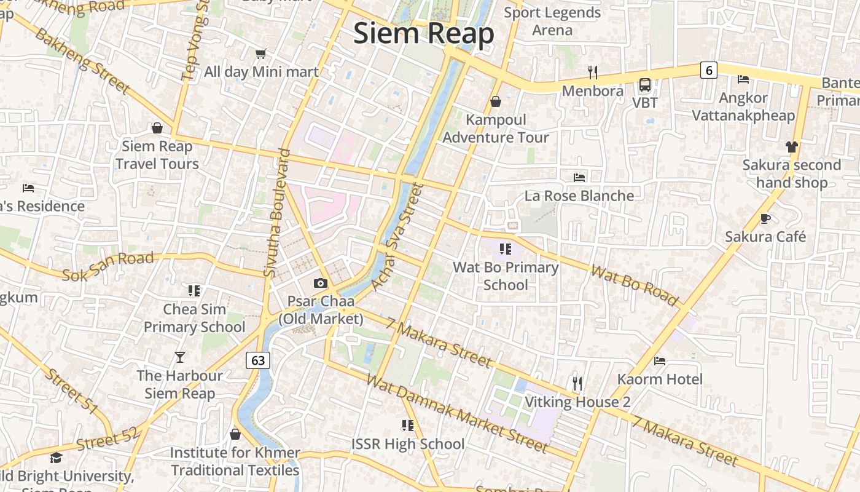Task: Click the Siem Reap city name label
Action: [x=423, y=33]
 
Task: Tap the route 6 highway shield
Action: [x=709, y=70]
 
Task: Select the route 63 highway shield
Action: [x=258, y=360]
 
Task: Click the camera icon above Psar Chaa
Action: [x=320, y=283]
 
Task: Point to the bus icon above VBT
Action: [x=645, y=85]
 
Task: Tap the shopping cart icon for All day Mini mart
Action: [x=261, y=54]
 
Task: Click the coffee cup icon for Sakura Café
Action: [x=765, y=218]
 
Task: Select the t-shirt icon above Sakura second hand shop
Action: [x=791, y=146]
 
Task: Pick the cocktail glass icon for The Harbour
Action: [x=179, y=357]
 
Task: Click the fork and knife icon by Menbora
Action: [x=592, y=73]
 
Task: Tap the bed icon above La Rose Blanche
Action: [x=579, y=177]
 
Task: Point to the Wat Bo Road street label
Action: [x=635, y=285]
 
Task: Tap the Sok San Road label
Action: [x=107, y=266]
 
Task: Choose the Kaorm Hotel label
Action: [x=660, y=379]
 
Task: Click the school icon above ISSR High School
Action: [x=407, y=425]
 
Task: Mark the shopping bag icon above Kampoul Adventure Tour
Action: [x=496, y=101]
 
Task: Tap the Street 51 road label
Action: [x=71, y=391]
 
